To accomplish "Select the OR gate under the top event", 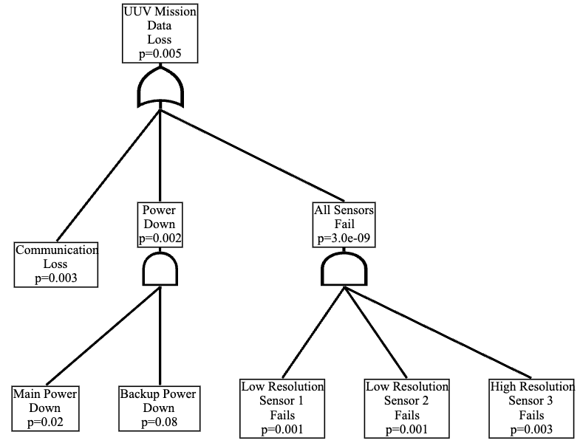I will tap(160, 89).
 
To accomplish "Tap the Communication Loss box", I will tap(56, 264).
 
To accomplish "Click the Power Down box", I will tap(160, 224).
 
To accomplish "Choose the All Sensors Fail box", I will tap(343, 224).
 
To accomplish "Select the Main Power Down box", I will tap(45, 408).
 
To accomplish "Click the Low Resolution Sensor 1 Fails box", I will tap(282, 408).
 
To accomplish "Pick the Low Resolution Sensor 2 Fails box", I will tap(406, 408).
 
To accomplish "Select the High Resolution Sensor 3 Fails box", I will tap(531, 408).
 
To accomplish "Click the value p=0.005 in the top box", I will tap(160, 54).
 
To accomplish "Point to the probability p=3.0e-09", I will tap(343, 238).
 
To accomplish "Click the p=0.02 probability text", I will tap(45, 422).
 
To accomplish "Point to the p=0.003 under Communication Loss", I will tap(56, 278).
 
